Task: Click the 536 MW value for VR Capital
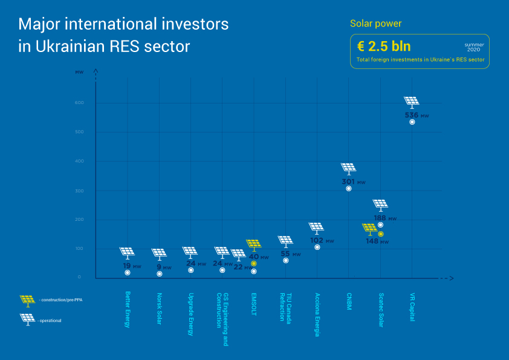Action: pyautogui.click(x=415, y=115)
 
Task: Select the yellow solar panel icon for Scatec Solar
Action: pyautogui.click(x=370, y=229)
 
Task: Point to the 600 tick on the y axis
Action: pyautogui.click(x=79, y=103)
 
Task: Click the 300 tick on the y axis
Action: pyautogui.click(x=79, y=191)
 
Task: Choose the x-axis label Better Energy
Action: pyautogui.click(x=127, y=310)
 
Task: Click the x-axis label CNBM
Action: pyautogui.click(x=349, y=302)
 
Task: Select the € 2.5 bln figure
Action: pyautogui.click(x=384, y=47)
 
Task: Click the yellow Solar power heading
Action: pyautogui.click(x=375, y=24)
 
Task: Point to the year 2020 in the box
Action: pyautogui.click(x=474, y=50)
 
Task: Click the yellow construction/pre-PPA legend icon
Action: pyautogui.click(x=27, y=300)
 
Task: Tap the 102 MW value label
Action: pyautogui.click(x=320, y=240)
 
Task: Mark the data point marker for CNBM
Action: pyautogui.click(x=349, y=189)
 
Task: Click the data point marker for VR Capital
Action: pyautogui.click(x=412, y=122)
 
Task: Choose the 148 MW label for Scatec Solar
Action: pyautogui.click(x=377, y=241)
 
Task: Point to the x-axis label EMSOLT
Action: pyautogui.click(x=254, y=305)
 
